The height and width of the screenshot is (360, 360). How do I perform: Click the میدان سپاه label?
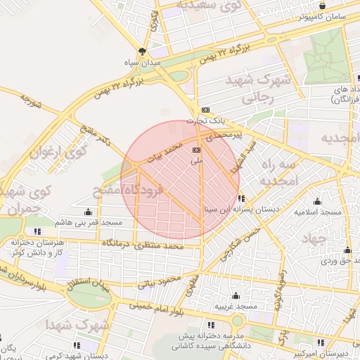pyautogui.click(x=143, y=63)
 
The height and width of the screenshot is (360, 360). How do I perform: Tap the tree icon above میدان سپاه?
pyautogui.click(x=143, y=51)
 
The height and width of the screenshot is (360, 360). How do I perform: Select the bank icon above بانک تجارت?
pyautogui.click(x=205, y=110)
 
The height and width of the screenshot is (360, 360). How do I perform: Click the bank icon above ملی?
pyautogui.click(x=196, y=150)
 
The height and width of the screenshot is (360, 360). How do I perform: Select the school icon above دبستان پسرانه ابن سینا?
pyautogui.click(x=242, y=198)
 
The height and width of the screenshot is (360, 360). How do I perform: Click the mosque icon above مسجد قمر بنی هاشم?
pyautogui.click(x=88, y=212)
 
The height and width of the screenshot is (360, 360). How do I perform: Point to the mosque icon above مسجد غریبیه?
pyautogui.click(x=235, y=296)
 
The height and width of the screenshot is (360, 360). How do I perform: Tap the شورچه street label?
pyautogui.click(x=32, y=101)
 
